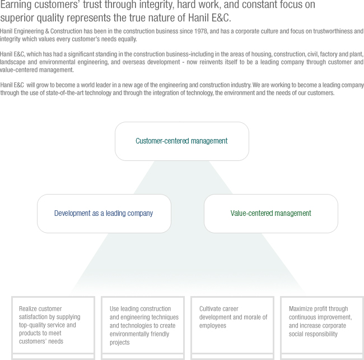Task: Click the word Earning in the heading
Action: [16, 5]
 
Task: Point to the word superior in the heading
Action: [17, 18]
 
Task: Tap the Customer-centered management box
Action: [182, 141]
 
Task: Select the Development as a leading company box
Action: [104, 213]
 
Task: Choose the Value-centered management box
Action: [271, 213]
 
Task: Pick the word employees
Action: [213, 326]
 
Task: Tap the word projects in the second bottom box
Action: [119, 343]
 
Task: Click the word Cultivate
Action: [208, 309]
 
